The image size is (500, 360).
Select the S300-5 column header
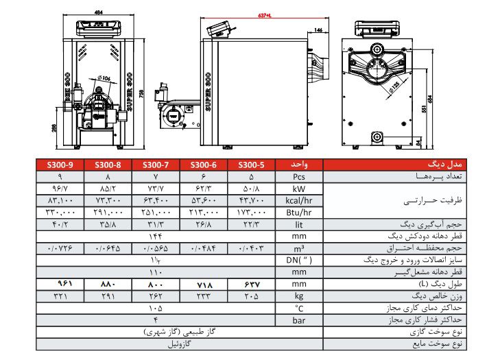[254, 165]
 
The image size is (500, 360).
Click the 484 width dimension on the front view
[99, 12]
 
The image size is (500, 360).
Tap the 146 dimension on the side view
[319, 30]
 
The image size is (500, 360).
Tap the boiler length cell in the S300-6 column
[206, 284]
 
